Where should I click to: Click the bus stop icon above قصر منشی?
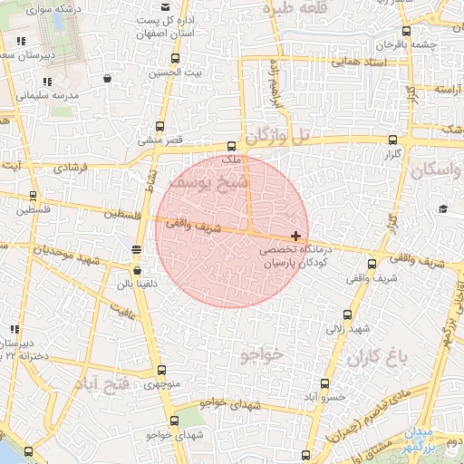pos(161,127)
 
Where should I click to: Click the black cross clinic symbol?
pos(296,236)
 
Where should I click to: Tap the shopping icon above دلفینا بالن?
pos(136,269)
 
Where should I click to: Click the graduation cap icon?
pos(442,209)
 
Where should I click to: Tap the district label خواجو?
pos(262,354)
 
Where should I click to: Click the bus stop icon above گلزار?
pos(392,140)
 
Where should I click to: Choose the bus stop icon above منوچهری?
pos(161,370)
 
